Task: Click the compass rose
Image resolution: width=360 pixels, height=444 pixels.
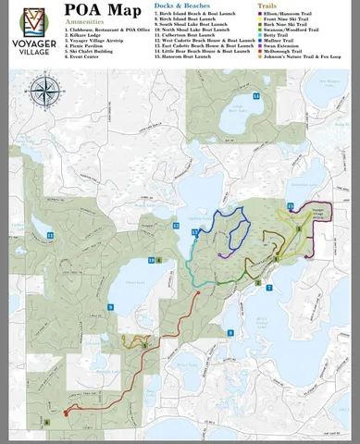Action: pos(42,91)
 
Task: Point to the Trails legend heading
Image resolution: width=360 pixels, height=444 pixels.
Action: pos(268,6)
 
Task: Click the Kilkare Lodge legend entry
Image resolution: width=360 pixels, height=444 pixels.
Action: pos(88,35)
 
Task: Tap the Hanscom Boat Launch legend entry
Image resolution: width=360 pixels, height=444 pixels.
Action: pos(198,56)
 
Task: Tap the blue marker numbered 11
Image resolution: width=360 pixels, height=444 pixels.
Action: pos(51,236)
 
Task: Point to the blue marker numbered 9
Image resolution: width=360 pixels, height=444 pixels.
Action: pos(110,306)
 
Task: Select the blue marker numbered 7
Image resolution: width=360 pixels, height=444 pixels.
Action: pos(269,288)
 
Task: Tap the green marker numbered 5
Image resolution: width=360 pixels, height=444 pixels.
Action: pos(298,228)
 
